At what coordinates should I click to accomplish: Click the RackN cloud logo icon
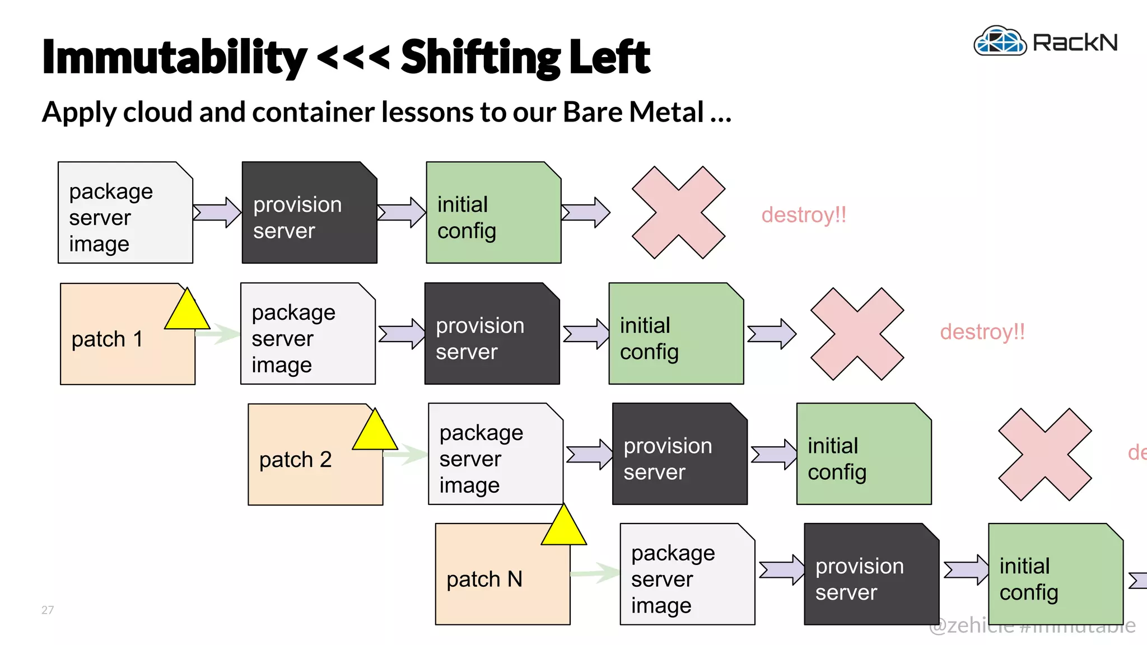pos(1000,41)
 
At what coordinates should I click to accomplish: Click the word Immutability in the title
pos(174,58)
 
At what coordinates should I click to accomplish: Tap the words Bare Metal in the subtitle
pos(633,112)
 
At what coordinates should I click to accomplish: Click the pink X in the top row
pos(678,212)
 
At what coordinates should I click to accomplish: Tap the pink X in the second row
pos(857,334)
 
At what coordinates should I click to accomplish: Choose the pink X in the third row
pos(1045,454)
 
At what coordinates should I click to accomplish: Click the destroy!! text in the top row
pos(804,215)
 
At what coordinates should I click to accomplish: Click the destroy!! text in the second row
pos(982,332)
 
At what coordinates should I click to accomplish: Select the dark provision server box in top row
pos(309,213)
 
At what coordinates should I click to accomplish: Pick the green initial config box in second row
pos(676,334)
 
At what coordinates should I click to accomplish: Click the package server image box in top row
pos(125,213)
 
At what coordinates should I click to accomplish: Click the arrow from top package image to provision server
pos(217,212)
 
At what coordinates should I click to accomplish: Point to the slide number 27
pos(48,610)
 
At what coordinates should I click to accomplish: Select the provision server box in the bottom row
pos(871,574)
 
